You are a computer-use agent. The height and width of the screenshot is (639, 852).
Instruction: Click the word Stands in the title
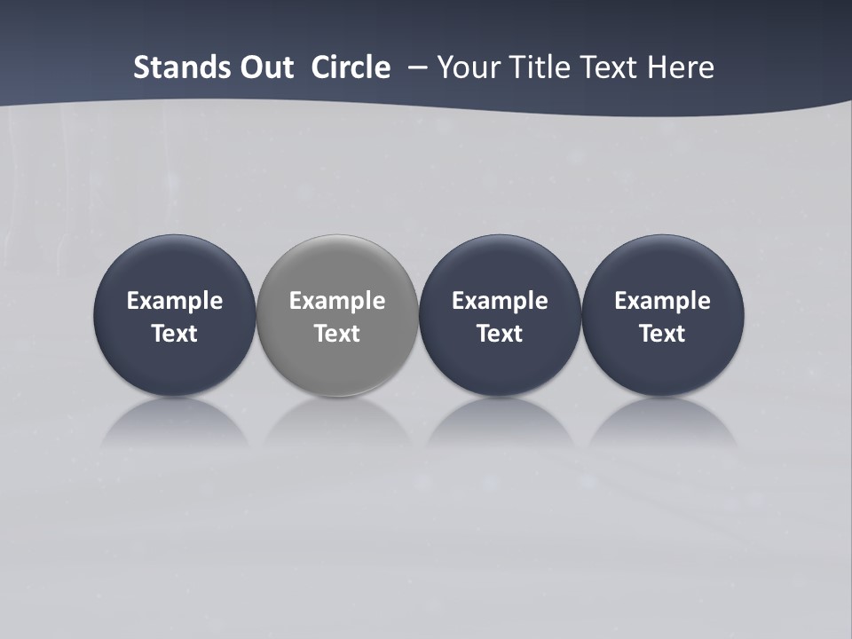tap(176, 67)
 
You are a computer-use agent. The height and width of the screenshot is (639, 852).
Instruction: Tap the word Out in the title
tap(263, 67)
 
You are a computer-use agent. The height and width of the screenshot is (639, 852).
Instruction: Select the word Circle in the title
tap(351, 67)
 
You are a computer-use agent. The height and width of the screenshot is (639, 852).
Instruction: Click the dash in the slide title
tap(416, 67)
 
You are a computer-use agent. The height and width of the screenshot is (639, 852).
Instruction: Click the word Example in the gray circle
tap(337, 301)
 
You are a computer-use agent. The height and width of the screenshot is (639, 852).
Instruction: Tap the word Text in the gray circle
tap(337, 334)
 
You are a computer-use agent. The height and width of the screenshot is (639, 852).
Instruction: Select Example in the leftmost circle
tap(175, 301)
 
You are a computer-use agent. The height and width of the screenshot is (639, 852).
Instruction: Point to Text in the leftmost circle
tap(175, 334)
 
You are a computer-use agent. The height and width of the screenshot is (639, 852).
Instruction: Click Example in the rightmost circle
tap(663, 301)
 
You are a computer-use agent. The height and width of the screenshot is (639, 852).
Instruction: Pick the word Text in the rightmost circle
tap(663, 334)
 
